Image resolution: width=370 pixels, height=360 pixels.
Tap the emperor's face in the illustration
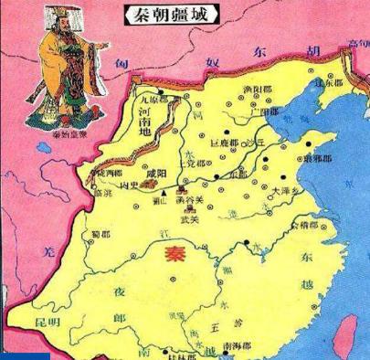tap(55, 33)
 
